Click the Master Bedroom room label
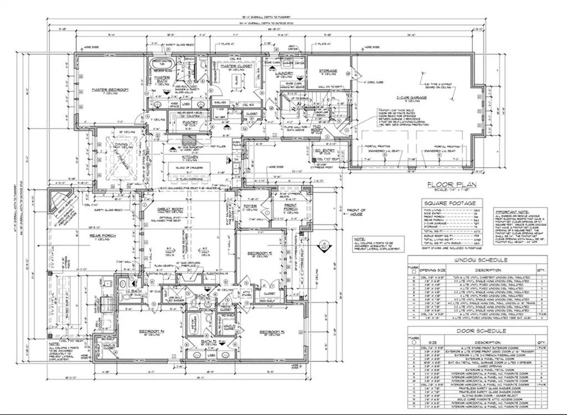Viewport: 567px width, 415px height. [x=110, y=90]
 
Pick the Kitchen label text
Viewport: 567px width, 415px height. [x=190, y=157]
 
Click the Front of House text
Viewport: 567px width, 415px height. [x=356, y=212]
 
